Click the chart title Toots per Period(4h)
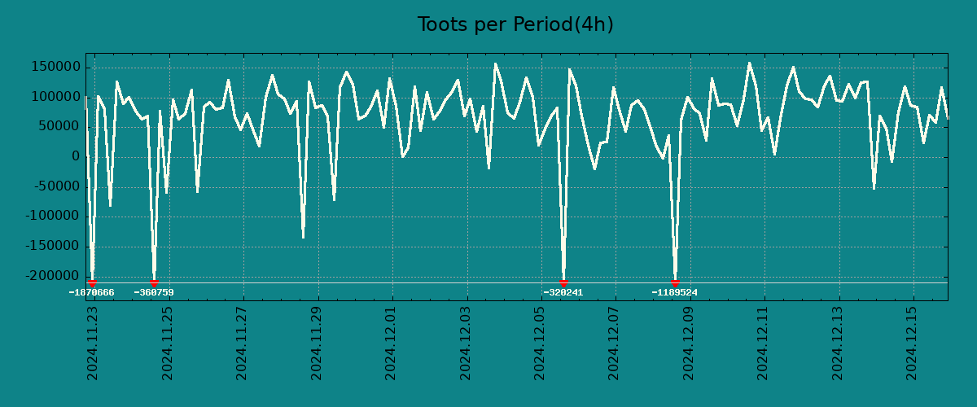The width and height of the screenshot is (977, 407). click(x=515, y=25)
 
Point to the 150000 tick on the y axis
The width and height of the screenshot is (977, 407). click(x=56, y=67)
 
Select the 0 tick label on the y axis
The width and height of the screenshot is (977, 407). click(x=75, y=157)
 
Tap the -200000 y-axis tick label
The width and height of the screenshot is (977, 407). click(x=53, y=277)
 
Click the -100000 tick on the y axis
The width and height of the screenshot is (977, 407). click(x=53, y=217)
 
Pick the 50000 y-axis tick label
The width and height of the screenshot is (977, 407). click(x=59, y=127)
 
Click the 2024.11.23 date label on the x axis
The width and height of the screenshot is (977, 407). click(x=92, y=343)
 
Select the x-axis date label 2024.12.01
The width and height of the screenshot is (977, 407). click(x=391, y=343)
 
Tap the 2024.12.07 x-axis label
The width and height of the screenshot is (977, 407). click(x=615, y=343)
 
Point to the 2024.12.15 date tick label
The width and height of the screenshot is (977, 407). click(x=913, y=343)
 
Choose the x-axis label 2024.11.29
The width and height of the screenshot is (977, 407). click(x=316, y=343)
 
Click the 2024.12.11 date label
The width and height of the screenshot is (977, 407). click(x=764, y=343)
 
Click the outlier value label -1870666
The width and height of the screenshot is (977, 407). click(x=91, y=292)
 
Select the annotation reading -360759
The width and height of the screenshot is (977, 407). click(x=154, y=292)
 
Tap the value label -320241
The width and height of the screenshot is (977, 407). click(x=563, y=292)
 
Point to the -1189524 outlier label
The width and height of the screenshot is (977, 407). click(x=675, y=292)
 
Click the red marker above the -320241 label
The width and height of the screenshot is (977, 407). click(x=563, y=282)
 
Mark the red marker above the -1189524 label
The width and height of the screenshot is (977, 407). click(x=675, y=282)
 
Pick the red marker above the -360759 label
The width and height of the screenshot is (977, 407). click(x=154, y=282)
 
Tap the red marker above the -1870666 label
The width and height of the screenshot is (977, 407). click(x=92, y=282)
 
